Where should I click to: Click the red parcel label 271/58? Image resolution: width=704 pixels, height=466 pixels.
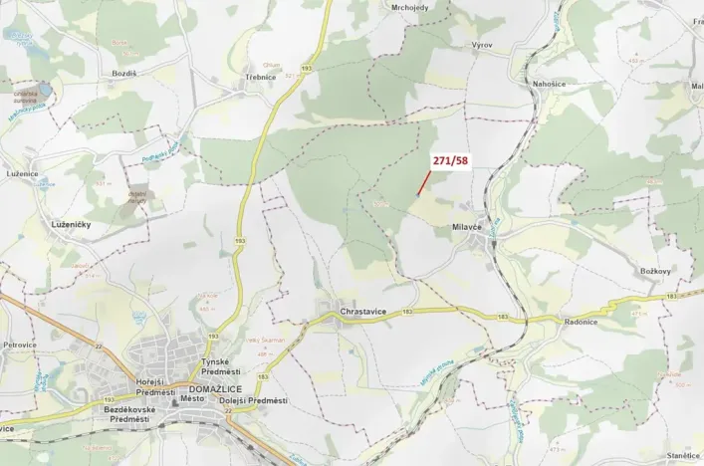[x=450, y=160]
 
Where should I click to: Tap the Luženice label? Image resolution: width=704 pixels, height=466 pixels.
[x=22, y=173]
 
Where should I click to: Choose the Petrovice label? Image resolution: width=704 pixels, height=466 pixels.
[x=20, y=345]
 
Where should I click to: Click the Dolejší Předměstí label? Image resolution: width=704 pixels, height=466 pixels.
[x=256, y=400]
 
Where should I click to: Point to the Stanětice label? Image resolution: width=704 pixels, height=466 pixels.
[x=683, y=455]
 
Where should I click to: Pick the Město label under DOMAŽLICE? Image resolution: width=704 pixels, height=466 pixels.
[x=193, y=398]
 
